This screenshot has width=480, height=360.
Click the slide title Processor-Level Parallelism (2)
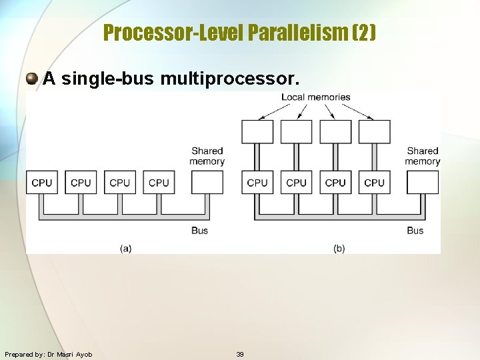[x=240, y=32]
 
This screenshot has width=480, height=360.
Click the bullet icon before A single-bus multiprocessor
[x=32, y=79]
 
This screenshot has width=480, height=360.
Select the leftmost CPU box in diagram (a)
[x=41, y=183]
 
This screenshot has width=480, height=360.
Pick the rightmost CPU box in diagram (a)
[x=159, y=183]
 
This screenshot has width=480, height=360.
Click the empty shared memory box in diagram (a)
[x=207, y=183]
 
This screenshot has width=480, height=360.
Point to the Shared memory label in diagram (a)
[x=207, y=156]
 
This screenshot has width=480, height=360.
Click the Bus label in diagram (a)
[x=199, y=231]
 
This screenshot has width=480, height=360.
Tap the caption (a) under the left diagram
[x=125, y=248]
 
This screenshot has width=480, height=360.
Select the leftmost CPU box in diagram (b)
[x=257, y=183]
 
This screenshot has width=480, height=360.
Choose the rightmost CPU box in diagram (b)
[x=374, y=183]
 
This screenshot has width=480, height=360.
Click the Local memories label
[x=315, y=97]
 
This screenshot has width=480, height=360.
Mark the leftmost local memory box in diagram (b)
[x=257, y=132]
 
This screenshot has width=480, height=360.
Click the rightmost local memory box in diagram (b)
[x=374, y=132]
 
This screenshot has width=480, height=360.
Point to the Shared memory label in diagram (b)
[x=423, y=156]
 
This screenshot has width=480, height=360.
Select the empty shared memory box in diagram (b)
[x=423, y=183]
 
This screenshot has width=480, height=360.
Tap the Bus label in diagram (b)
[x=415, y=231]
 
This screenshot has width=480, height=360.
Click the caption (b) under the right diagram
[x=339, y=248]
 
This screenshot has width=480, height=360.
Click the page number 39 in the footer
[x=240, y=354]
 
